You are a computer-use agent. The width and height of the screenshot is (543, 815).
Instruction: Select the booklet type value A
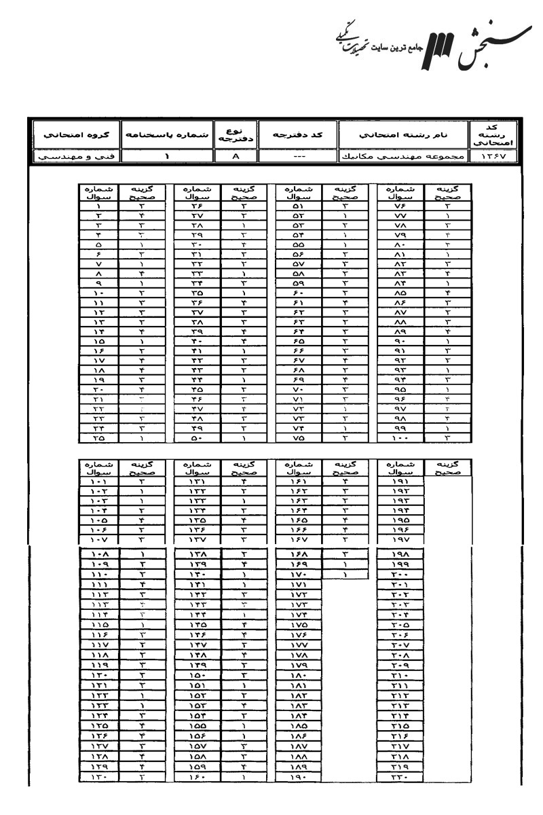pyautogui.click(x=234, y=158)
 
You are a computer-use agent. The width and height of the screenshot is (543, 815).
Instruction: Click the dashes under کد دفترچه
pyautogui.click(x=297, y=158)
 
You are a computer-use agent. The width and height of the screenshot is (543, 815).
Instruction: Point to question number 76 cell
pyautogui.click(x=402, y=206)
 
